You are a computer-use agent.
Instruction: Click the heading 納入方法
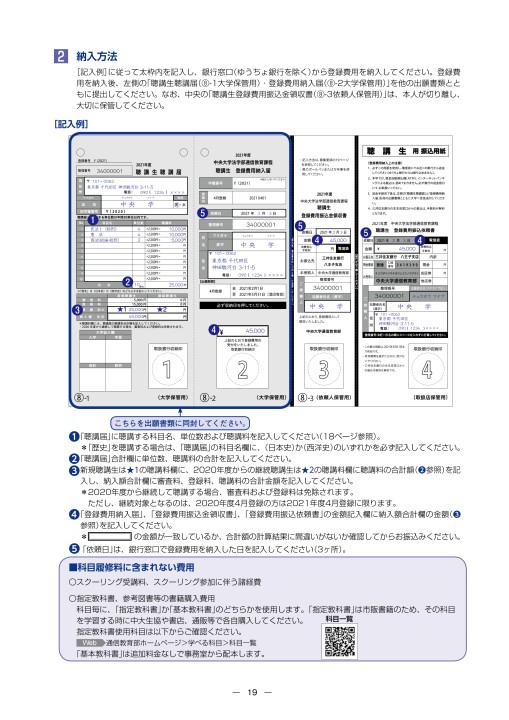pyautogui.click(x=99, y=57)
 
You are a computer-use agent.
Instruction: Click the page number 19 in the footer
pyautogui.click(x=254, y=693)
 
